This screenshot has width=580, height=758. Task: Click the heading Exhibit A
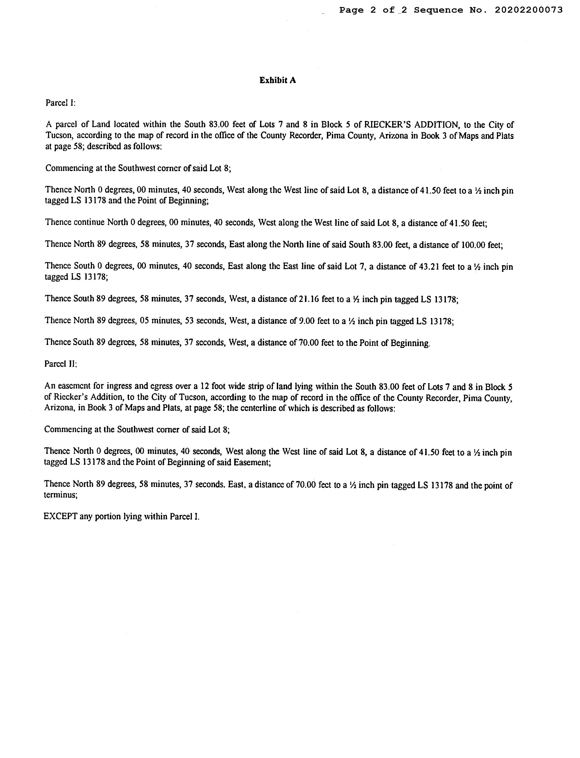tap(278, 80)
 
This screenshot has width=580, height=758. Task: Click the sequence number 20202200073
tap(529, 10)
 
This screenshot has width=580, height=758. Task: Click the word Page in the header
tap(351, 10)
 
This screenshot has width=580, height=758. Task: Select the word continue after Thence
tap(89, 222)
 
